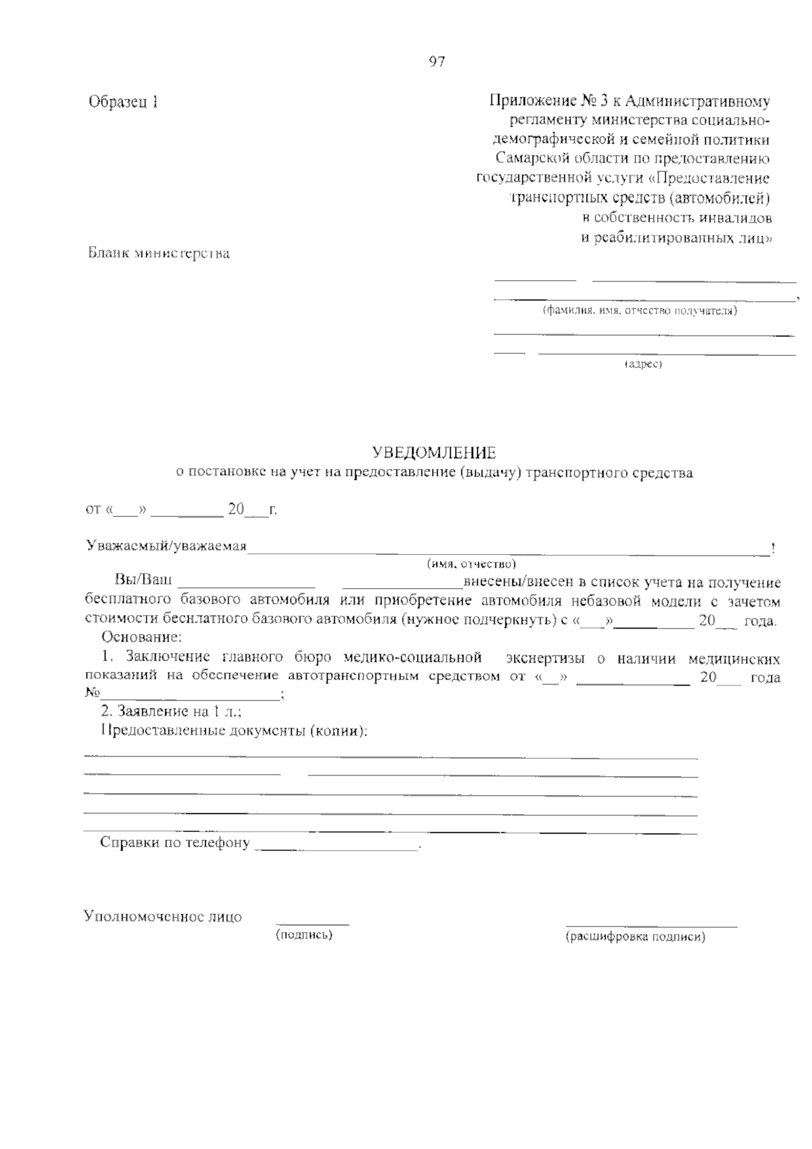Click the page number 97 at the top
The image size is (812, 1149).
[436, 62]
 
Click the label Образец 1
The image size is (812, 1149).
[124, 103]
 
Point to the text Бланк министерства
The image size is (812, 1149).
[159, 254]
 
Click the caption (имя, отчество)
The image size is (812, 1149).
[471, 564]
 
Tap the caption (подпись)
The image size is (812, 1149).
[304, 935]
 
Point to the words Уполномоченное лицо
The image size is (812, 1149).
[162, 917]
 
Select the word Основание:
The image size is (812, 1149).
[141, 637]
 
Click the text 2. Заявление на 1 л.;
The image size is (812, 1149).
[171, 711]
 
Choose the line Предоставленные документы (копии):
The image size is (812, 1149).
[234, 731]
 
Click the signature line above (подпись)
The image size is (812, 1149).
[312, 923]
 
